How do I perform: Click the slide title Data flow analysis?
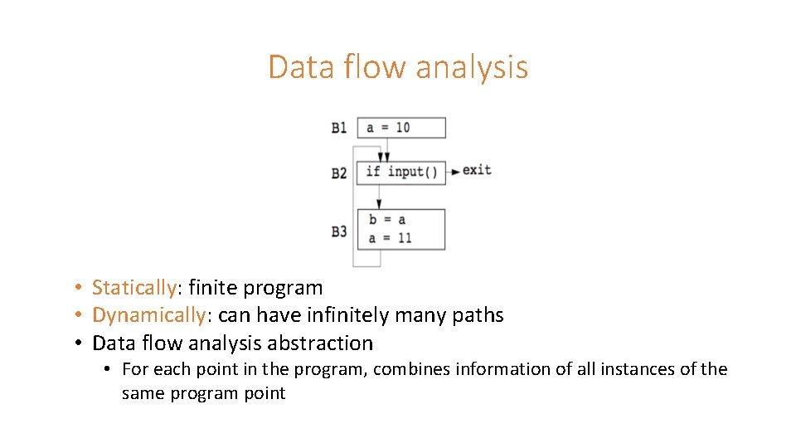[398, 66]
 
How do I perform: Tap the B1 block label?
[339, 128]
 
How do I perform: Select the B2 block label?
[339, 173]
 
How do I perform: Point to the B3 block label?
[339, 231]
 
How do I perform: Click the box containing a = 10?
[401, 128]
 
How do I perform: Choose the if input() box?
[401, 173]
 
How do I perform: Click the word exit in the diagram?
[477, 170]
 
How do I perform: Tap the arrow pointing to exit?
[454, 172]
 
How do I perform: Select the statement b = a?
[387, 220]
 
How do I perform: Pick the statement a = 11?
[390, 238]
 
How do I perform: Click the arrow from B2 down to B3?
[379, 197]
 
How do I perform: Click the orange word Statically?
[133, 288]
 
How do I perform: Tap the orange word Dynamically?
[148, 315]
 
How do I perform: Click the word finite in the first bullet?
[211, 288]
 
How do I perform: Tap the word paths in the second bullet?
[478, 315]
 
